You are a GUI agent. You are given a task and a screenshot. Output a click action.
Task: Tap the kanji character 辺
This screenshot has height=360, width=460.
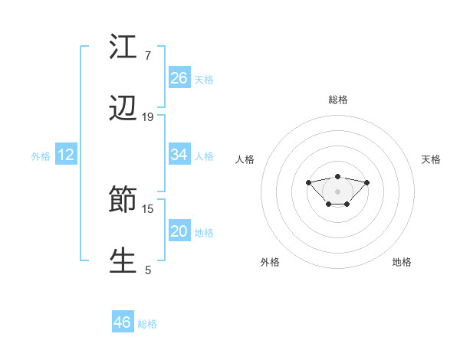(x=123, y=110)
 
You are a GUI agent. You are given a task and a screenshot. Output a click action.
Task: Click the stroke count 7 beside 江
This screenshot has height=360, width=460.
(x=148, y=56)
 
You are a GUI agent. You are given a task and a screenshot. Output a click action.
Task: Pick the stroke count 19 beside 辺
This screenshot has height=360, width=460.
(x=148, y=117)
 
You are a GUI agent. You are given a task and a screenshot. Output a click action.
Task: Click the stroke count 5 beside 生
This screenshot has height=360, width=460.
(x=148, y=270)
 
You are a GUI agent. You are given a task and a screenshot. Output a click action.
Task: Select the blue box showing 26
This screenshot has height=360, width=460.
(x=179, y=77)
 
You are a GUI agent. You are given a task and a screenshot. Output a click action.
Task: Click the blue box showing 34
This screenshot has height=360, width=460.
(x=179, y=155)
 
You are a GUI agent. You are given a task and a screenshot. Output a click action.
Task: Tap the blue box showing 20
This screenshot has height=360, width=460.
(x=179, y=231)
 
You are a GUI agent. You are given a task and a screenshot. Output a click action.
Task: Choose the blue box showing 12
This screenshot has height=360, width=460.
(x=66, y=155)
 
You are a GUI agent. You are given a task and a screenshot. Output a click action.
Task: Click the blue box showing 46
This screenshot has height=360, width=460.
(x=123, y=322)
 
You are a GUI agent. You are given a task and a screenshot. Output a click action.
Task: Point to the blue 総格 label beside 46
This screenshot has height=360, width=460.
(x=147, y=324)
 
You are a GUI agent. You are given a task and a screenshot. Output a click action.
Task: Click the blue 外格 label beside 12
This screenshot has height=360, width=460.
(x=41, y=156)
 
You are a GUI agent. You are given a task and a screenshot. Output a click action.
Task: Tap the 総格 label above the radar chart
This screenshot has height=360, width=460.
(x=338, y=100)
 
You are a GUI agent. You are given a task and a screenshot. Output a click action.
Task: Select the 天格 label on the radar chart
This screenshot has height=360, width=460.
(x=431, y=159)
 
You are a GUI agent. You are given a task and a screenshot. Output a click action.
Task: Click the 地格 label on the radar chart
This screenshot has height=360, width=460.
(x=402, y=262)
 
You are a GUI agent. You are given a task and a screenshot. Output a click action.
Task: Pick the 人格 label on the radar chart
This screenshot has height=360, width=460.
(x=245, y=159)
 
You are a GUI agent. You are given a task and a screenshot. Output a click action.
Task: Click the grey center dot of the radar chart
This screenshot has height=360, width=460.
(x=337, y=191)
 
